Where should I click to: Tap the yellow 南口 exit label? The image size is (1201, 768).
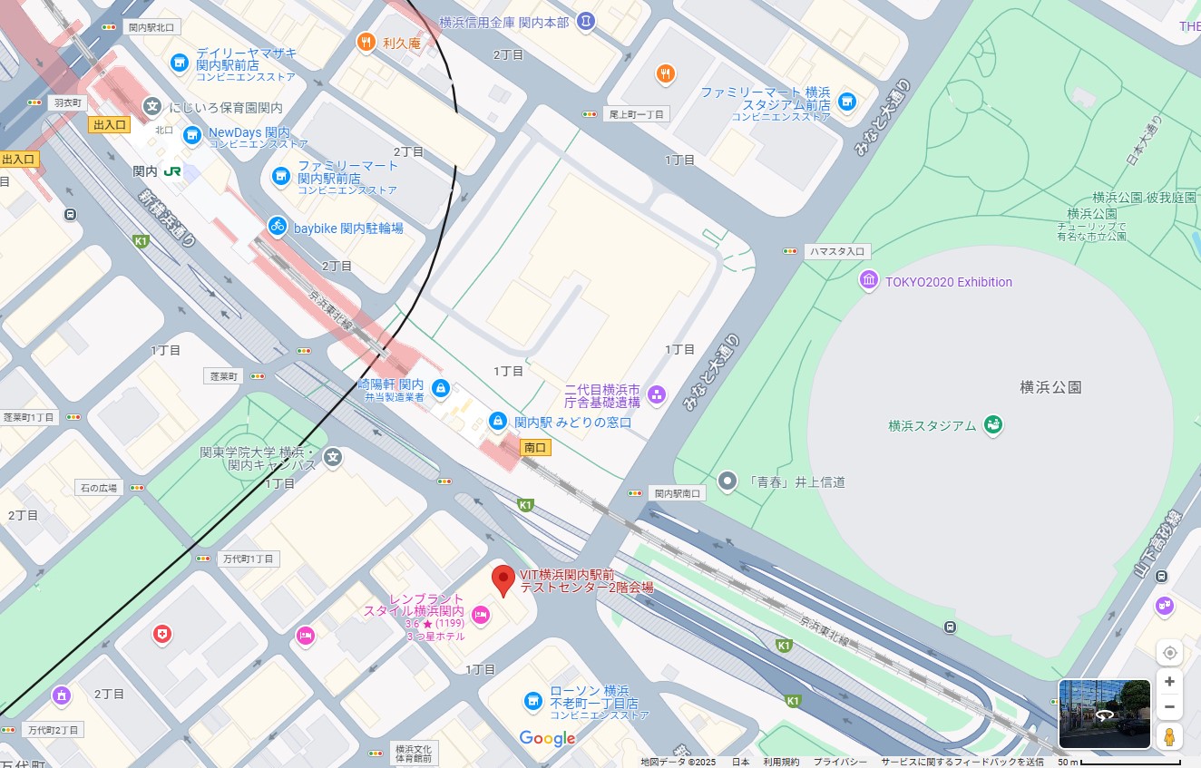tap(535, 447)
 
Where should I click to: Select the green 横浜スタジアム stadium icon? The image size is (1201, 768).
tap(993, 424)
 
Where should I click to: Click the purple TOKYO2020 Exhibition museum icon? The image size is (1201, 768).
tap(869, 281)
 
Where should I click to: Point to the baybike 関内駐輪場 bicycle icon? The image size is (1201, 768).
tap(278, 227)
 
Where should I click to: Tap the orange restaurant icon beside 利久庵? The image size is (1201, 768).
tap(366, 41)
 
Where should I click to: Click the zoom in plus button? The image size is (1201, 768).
tap(1169, 681)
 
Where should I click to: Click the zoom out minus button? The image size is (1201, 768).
tap(1169, 707)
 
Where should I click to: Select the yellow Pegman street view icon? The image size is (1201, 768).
tap(1169, 736)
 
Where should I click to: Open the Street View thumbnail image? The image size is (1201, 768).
tap(1104, 714)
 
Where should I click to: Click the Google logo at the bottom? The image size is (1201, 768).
tap(547, 738)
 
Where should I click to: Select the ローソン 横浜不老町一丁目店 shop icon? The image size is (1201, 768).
tap(533, 700)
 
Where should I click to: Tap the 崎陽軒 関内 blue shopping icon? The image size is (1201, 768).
tap(441, 388)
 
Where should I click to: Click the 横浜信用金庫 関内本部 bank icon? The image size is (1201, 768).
tap(586, 20)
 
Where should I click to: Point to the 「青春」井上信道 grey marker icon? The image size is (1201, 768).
tap(727, 481)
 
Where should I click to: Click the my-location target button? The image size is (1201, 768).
tap(1169, 653)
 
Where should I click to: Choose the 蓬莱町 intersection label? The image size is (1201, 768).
tap(222, 375)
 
